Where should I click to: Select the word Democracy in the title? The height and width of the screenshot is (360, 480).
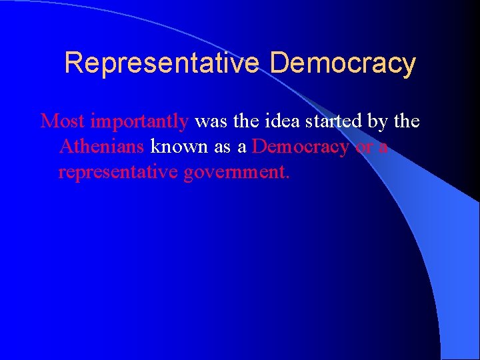click(x=343, y=63)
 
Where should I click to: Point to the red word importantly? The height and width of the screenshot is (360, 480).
click(x=139, y=122)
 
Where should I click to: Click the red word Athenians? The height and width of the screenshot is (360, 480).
click(x=101, y=146)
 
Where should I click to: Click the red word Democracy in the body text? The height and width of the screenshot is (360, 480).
click(x=301, y=147)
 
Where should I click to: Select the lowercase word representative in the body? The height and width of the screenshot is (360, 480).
click(x=120, y=172)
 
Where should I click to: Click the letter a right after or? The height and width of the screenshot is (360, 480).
click(x=382, y=147)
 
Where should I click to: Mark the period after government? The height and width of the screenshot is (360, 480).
click(x=287, y=177)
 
